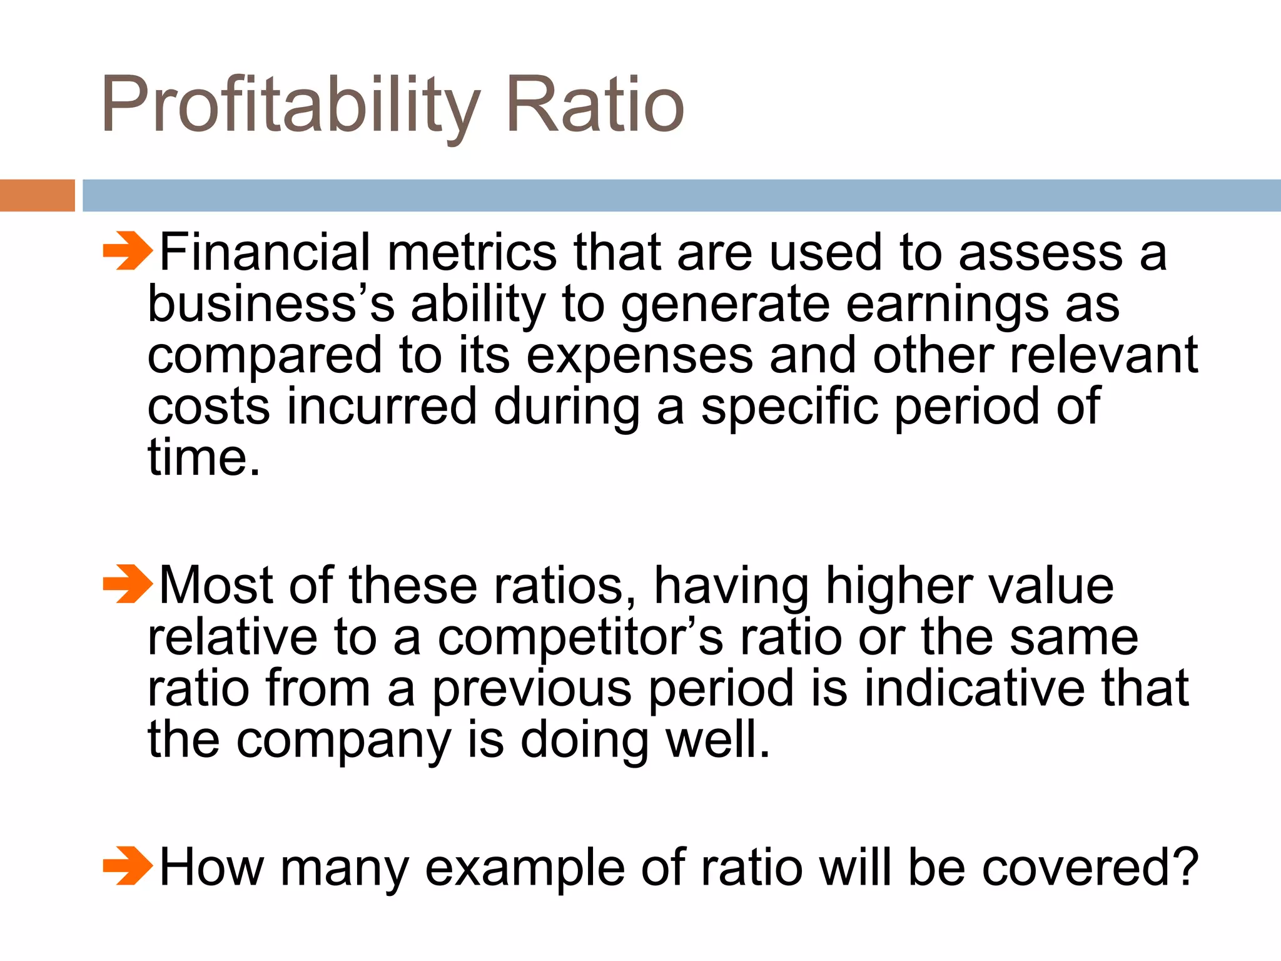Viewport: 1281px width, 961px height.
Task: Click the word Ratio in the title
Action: [595, 105]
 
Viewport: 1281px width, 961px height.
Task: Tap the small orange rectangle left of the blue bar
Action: [37, 195]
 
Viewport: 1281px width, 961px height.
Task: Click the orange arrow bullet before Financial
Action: [128, 251]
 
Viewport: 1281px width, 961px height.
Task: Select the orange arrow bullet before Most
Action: [128, 584]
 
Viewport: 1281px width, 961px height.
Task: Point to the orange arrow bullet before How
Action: [128, 867]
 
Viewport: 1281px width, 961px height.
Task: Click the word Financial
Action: [265, 252]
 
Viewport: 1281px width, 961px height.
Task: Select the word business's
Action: [271, 305]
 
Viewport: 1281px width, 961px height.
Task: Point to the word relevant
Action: [1103, 355]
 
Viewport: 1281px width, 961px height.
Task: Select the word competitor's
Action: [580, 638]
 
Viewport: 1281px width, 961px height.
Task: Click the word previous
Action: [532, 689]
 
